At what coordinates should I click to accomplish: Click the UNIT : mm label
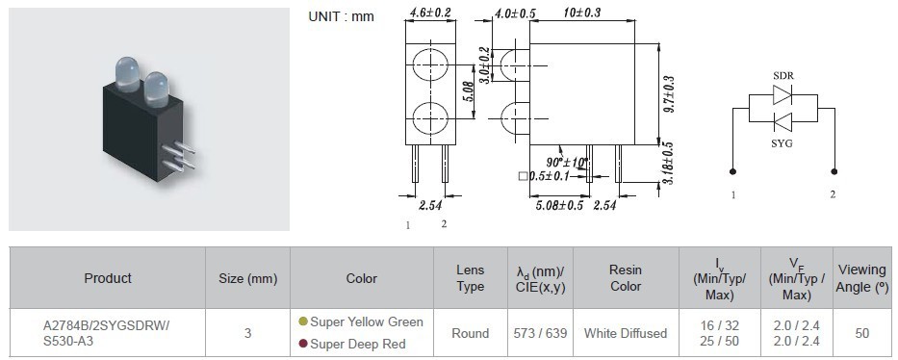[x=341, y=16]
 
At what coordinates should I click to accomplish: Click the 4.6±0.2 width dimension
[x=430, y=12]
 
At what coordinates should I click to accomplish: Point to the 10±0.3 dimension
[x=582, y=12]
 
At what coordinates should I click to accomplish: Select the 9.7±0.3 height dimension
[x=668, y=94]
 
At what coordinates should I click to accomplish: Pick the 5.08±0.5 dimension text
[x=559, y=205]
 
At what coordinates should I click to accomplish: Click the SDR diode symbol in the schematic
[x=783, y=95]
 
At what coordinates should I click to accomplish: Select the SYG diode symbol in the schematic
[x=783, y=122]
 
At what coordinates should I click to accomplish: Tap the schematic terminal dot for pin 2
[x=834, y=171]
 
